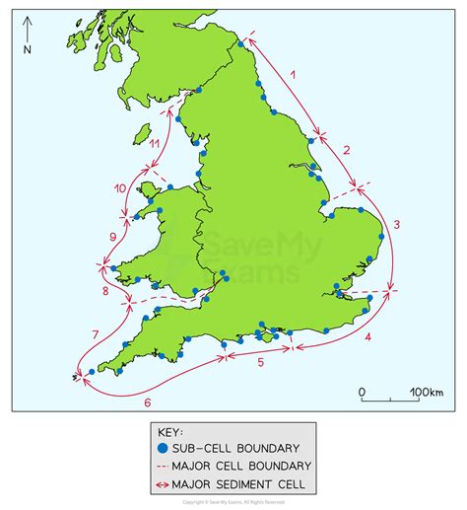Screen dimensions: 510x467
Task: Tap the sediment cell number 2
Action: click(x=346, y=150)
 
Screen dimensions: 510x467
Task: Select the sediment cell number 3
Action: click(x=396, y=225)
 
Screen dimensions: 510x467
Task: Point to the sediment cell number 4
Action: click(x=367, y=337)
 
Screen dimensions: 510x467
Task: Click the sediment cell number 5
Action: click(x=260, y=363)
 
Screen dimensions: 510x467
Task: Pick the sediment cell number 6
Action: click(x=148, y=401)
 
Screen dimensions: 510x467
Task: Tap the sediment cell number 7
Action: click(x=95, y=332)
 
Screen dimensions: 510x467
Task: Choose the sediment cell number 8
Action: click(x=105, y=292)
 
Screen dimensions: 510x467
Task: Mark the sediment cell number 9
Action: click(x=113, y=237)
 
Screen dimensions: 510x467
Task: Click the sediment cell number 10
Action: click(x=120, y=187)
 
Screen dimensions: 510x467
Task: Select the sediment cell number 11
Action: click(x=156, y=144)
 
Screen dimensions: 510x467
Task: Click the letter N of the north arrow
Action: click(x=27, y=48)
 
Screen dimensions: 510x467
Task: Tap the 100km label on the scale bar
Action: click(x=425, y=393)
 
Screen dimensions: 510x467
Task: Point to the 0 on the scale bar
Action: click(x=362, y=393)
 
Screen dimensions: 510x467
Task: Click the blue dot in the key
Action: click(x=163, y=446)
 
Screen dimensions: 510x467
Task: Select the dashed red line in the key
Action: click(x=163, y=465)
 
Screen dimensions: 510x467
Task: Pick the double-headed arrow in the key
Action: click(x=163, y=483)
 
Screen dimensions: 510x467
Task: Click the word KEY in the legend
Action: click(x=169, y=431)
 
